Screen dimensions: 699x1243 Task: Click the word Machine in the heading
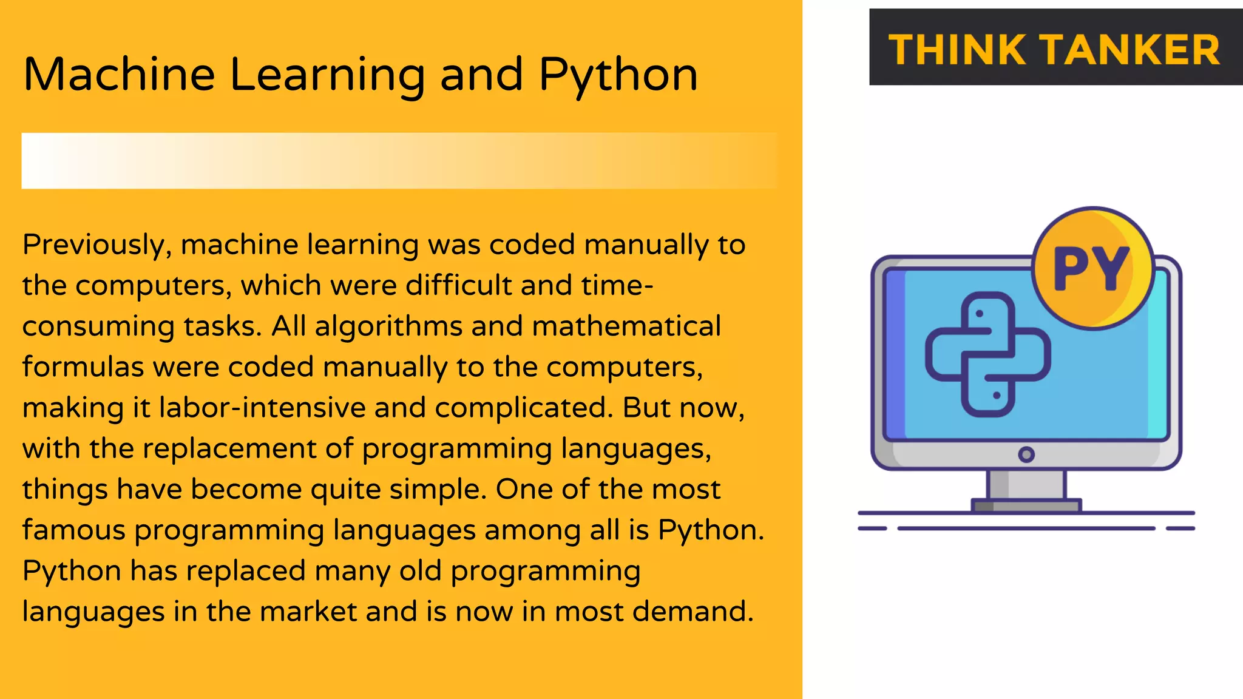(x=119, y=75)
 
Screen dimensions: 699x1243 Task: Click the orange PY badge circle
(x=1092, y=268)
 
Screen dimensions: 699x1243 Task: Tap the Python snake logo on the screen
(x=987, y=354)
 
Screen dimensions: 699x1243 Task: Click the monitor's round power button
(x=1026, y=454)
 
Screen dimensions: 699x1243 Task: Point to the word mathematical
(x=626, y=326)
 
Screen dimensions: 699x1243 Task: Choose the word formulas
(x=83, y=367)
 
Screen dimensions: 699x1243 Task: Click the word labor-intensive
(x=262, y=408)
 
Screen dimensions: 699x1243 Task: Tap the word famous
(x=73, y=530)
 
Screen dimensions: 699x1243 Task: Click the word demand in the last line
(x=692, y=612)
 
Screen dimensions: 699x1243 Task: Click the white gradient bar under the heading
(x=399, y=161)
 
